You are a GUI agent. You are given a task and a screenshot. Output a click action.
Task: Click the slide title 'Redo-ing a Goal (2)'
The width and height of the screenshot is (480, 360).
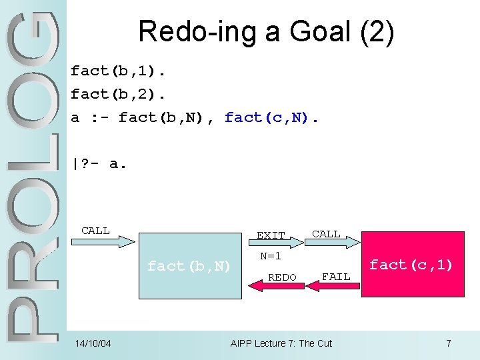coord(266,32)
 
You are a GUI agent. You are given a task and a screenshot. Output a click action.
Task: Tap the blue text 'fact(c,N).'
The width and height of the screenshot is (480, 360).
coord(272,118)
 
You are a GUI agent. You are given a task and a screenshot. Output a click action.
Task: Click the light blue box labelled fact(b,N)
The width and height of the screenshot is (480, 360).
coord(189,267)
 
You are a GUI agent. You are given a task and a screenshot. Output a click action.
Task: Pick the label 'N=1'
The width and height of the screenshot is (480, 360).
coord(271,256)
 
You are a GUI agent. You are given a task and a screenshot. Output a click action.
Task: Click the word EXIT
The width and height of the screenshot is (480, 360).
coord(271,235)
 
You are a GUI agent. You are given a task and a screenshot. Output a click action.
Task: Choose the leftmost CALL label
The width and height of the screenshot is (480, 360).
coord(95,231)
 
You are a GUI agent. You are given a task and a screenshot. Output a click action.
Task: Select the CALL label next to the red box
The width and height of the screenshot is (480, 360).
coord(326,234)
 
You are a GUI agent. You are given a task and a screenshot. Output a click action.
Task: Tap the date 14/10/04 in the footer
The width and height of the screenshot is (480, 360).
coord(93,343)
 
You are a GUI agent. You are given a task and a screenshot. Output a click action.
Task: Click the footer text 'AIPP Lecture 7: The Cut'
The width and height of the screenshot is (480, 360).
coord(281,343)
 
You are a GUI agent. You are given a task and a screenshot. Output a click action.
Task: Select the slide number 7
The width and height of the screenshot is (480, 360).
coord(448,343)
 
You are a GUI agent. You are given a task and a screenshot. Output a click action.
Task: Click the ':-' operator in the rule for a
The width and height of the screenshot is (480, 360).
coord(99,118)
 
